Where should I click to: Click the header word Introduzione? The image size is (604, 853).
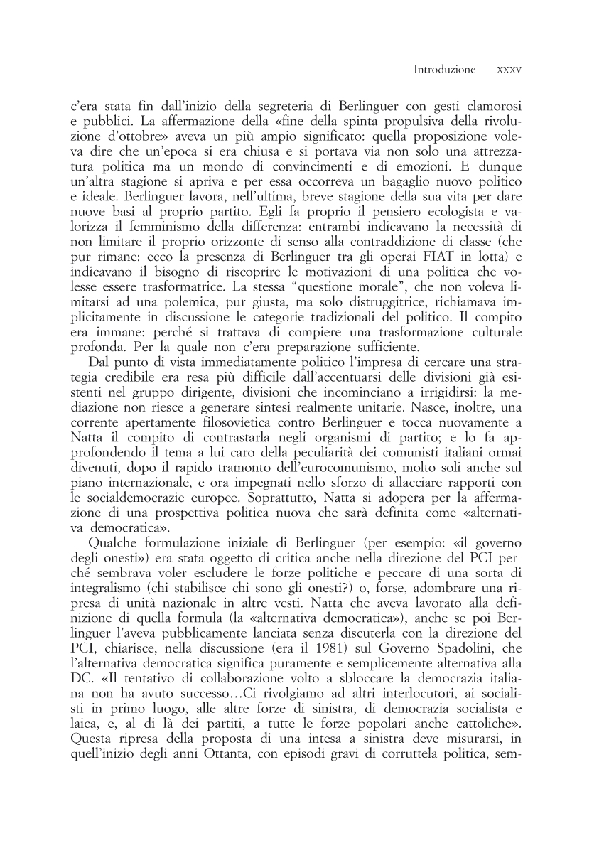tap(444, 70)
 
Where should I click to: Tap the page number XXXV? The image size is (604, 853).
tap(509, 70)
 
